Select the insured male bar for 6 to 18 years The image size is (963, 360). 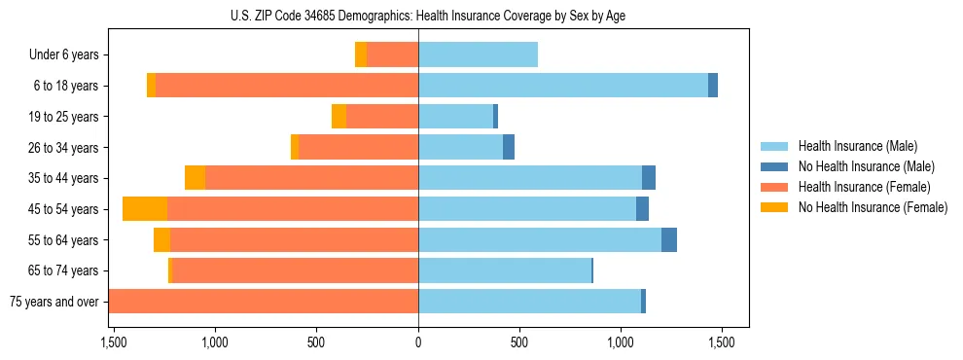click(x=563, y=86)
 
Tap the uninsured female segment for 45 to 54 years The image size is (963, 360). click(x=145, y=209)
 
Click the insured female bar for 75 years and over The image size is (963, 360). click(x=264, y=302)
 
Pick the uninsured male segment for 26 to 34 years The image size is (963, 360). click(x=509, y=147)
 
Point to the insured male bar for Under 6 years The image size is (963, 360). click(x=478, y=54)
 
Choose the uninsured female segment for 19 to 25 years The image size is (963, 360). click(x=339, y=117)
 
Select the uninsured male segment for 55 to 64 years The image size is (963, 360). click(x=669, y=239)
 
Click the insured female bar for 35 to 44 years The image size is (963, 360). click(x=311, y=178)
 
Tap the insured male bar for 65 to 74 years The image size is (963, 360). click(x=505, y=270)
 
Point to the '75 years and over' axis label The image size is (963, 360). click(x=53, y=302)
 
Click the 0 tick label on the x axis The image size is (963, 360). click(x=418, y=342)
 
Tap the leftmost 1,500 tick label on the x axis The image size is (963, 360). click(x=114, y=342)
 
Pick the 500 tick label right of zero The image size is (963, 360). click(x=519, y=342)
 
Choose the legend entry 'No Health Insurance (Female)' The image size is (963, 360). click(x=873, y=207)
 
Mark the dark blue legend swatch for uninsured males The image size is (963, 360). click(x=774, y=166)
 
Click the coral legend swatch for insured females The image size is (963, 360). click(x=774, y=187)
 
